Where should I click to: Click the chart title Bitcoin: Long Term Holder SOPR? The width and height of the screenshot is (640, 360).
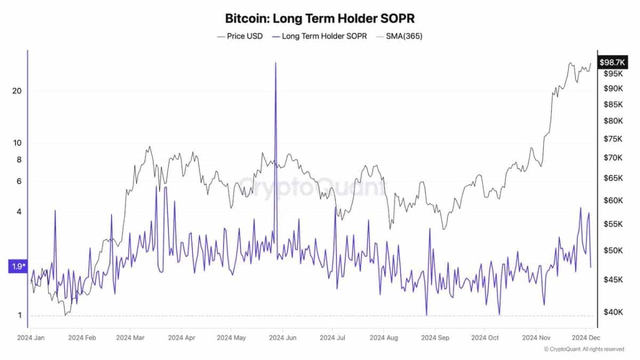(x=319, y=18)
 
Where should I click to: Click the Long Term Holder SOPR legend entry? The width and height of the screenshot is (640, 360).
(x=319, y=37)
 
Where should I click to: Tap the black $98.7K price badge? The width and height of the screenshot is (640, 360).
(x=612, y=62)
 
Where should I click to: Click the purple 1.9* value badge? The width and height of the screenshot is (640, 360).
(x=17, y=266)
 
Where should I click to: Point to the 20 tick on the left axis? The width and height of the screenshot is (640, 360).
(x=17, y=91)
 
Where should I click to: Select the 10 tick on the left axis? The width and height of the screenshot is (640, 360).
(x=17, y=143)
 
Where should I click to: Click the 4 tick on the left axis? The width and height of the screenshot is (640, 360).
(x=19, y=212)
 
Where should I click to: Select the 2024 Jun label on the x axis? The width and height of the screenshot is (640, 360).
(x=284, y=338)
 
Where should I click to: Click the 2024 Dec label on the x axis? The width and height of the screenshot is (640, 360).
(x=587, y=338)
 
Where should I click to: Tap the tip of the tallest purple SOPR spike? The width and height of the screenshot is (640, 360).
(x=276, y=63)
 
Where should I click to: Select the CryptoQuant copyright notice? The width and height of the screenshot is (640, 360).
(x=583, y=349)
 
